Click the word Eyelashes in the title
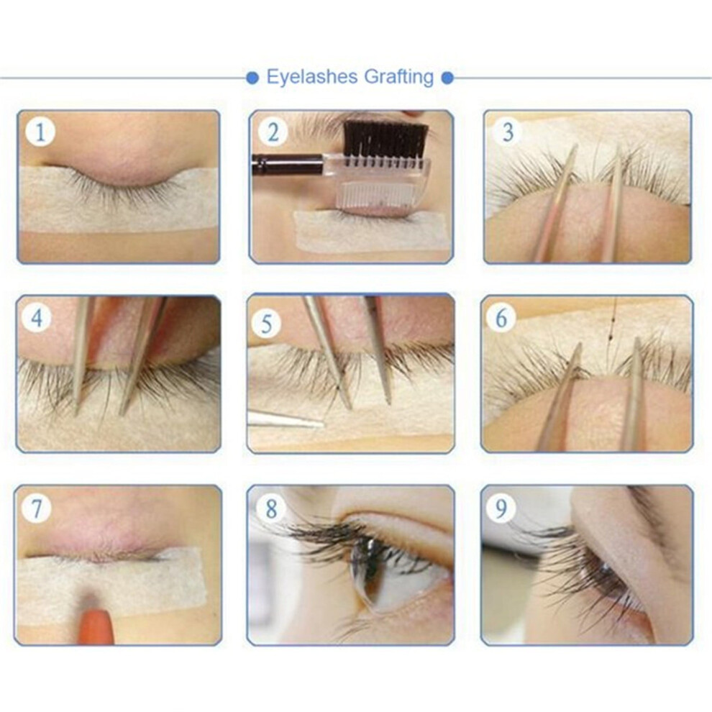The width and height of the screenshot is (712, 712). pyautogui.click(x=312, y=77)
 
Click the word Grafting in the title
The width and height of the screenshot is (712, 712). pyautogui.click(x=398, y=77)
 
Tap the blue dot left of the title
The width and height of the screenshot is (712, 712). pyautogui.click(x=252, y=78)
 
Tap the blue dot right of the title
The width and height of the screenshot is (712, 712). pyautogui.click(x=447, y=78)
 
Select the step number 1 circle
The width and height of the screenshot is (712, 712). pyautogui.click(x=40, y=132)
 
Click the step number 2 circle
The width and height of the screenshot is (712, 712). pyautogui.click(x=273, y=132)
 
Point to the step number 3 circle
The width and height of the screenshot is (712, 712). pyautogui.click(x=508, y=132)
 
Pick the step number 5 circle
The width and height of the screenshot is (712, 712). pyautogui.click(x=267, y=324)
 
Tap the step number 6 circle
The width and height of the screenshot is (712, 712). pyautogui.click(x=501, y=317)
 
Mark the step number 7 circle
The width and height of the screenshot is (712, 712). pyautogui.click(x=37, y=508)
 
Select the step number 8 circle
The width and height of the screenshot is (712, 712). pyautogui.click(x=270, y=508)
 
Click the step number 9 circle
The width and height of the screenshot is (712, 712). pyautogui.click(x=501, y=508)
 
